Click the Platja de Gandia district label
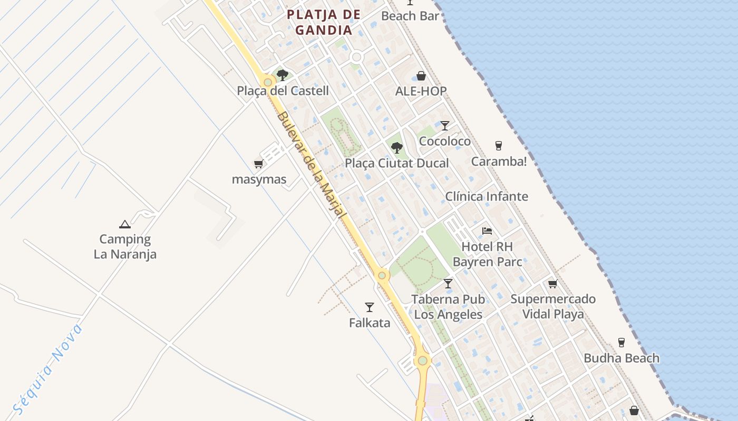point(324,22)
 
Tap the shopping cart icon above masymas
point(258,164)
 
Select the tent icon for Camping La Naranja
point(125,225)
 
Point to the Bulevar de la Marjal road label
point(311,165)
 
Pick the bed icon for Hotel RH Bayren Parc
point(487,231)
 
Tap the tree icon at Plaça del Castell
point(283,75)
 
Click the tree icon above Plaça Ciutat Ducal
point(397,148)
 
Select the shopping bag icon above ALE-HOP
point(421,76)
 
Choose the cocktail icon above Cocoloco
point(445,126)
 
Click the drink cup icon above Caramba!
point(498,146)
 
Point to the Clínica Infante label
point(487,196)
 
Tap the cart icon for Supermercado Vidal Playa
point(552,284)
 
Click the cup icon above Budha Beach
point(622,343)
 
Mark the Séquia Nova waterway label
point(48,369)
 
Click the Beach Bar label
point(410,16)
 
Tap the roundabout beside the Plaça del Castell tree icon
point(268,82)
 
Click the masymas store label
point(259,179)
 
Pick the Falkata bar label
point(370,323)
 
